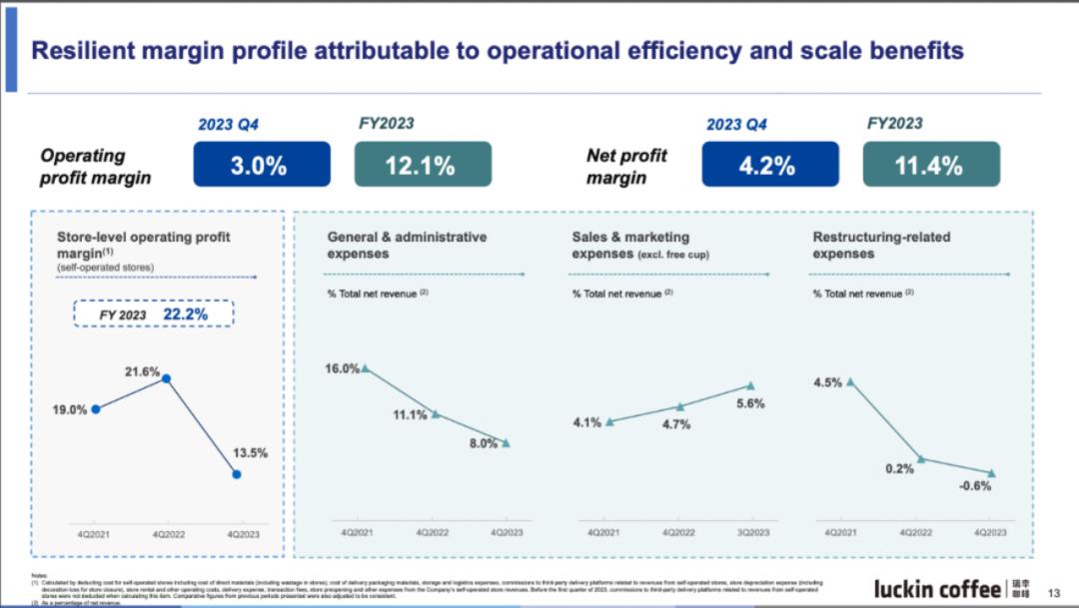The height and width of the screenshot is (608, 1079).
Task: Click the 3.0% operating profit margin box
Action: [262, 165]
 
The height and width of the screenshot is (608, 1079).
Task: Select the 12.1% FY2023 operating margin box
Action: [423, 165]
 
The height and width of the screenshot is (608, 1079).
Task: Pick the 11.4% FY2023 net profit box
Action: [930, 165]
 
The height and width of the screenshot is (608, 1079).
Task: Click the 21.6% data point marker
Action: [167, 379]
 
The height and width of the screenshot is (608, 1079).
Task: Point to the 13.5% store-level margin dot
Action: [236, 474]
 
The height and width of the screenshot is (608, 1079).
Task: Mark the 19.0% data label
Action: [70, 409]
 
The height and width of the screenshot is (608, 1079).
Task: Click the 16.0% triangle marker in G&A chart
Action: [365, 368]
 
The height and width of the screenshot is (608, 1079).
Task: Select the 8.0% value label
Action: [483, 444]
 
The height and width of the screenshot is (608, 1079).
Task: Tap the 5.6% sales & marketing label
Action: [750, 404]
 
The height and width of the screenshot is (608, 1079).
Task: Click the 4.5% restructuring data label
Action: [827, 382]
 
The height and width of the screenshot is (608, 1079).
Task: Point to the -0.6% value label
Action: [975, 486]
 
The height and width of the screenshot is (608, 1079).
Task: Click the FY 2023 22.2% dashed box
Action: [154, 314]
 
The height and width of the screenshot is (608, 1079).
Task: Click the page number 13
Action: [1053, 592]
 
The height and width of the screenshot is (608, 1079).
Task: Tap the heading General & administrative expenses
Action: [407, 246]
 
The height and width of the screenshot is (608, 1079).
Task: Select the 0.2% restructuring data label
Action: [899, 468]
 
